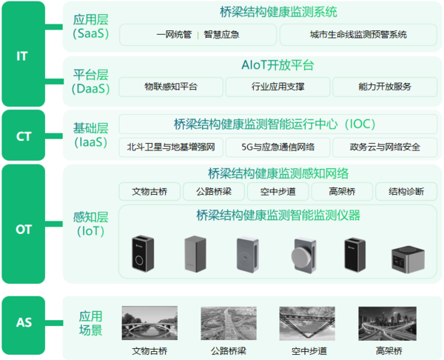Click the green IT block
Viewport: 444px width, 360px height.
pos(23,54)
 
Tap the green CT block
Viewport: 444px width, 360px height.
pos(23,136)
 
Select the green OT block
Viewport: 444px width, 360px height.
pos(23,224)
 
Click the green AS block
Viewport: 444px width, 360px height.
pos(23,325)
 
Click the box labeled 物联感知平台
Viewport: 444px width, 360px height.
pos(171,87)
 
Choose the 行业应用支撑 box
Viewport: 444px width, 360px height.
pos(277,87)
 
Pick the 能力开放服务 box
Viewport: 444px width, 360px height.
pos(385,87)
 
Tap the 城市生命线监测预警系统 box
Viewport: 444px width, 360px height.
pos(358,35)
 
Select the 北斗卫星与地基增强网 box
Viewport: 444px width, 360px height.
pos(171,147)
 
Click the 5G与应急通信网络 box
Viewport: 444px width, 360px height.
pos(277,147)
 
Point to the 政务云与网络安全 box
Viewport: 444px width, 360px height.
pos(385,147)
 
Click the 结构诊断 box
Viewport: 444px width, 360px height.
pos(406,192)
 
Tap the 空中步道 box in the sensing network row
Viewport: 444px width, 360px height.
pos(277,192)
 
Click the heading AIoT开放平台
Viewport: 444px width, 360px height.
pos(277,65)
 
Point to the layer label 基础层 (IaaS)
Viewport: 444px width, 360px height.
pos(90,136)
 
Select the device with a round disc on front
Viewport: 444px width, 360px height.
pos(304,256)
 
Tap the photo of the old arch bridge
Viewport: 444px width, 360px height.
pos(149,323)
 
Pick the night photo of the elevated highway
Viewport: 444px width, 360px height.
pos(387,324)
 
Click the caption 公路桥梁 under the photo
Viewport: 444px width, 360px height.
pos(229,351)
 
